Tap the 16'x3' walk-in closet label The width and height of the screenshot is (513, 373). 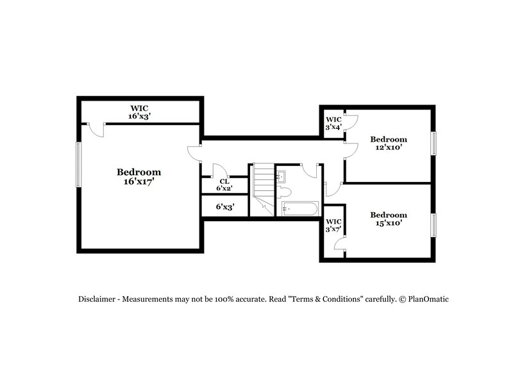point(139,113)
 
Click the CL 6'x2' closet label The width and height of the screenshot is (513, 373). point(224,185)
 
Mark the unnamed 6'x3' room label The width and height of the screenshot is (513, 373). point(224,207)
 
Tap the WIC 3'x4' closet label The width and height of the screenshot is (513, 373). point(333,124)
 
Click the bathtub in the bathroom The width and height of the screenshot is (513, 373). point(300,208)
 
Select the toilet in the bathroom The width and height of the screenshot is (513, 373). point(285,192)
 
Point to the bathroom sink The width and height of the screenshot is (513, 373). point(282,176)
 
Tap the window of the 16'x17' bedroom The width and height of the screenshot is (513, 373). point(79,165)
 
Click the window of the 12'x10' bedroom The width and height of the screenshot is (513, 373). point(433,144)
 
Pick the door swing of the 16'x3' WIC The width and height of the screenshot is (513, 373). point(96,130)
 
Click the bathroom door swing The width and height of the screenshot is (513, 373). point(311,170)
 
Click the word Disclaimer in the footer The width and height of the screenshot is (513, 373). point(97,299)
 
